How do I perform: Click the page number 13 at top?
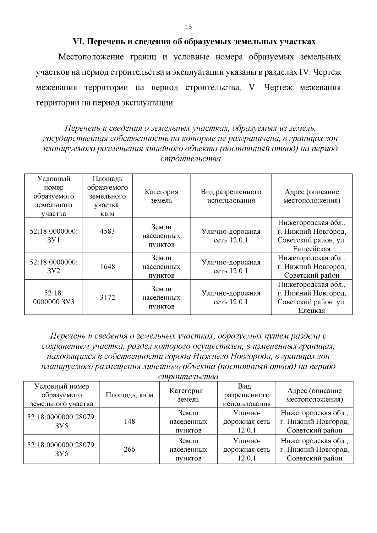[x=188, y=27]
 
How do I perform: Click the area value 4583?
[x=107, y=231]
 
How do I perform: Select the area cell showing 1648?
[x=107, y=267]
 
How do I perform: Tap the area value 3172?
[x=107, y=297]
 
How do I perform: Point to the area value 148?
[x=129, y=421]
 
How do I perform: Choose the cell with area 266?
[x=129, y=449]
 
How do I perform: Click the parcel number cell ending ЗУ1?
[x=54, y=236]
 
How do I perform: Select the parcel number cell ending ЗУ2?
[x=54, y=266]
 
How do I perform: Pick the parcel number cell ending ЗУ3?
[x=54, y=297]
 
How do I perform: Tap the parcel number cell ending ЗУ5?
[x=62, y=421]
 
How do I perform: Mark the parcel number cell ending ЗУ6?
[x=62, y=449]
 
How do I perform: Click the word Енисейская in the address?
[x=312, y=249]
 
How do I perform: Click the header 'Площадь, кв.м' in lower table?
[x=129, y=395]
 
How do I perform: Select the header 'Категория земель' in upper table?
[x=161, y=196]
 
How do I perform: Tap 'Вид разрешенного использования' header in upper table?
[x=231, y=196]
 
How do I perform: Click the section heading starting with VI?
[x=194, y=42]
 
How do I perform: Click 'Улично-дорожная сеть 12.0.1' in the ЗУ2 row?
[x=231, y=267]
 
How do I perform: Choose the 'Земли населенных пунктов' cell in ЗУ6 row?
[x=188, y=449]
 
